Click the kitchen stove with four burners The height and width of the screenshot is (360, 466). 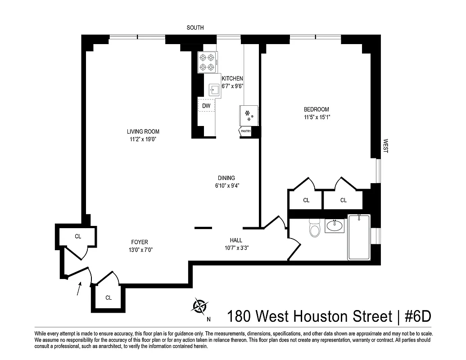coord(208,63)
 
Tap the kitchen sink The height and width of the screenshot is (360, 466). coord(214,90)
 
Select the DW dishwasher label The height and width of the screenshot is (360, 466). coord(206,106)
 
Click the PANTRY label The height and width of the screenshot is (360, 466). coord(245,131)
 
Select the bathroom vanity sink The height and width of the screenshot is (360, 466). coord(335,225)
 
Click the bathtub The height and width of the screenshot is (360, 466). coord(359,238)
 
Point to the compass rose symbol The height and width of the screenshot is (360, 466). coord(199,306)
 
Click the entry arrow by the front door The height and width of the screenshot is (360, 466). coord(79,288)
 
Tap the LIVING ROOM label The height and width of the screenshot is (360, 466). coord(143,132)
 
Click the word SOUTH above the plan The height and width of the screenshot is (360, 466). coord(195,28)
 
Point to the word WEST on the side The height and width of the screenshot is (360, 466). coord(385,146)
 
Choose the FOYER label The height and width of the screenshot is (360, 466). coord(139,242)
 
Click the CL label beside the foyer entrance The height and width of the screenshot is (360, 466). coord(78,237)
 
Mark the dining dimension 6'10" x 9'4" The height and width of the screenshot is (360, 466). coord(226,185)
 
